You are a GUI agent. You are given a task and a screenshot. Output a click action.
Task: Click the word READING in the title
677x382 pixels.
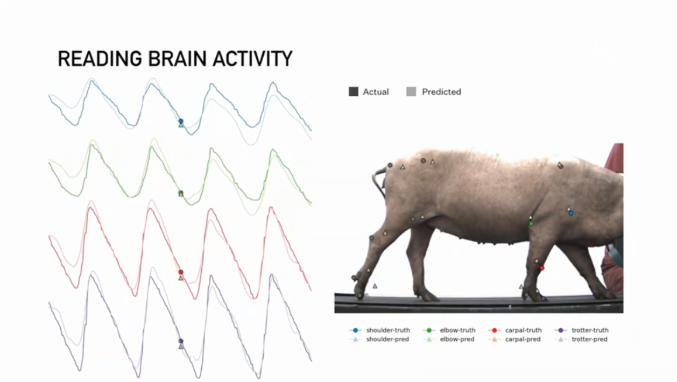click(x=100, y=59)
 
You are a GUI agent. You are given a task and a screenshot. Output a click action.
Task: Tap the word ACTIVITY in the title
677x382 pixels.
click(x=253, y=59)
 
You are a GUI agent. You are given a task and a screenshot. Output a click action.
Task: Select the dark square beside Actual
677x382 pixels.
click(x=354, y=91)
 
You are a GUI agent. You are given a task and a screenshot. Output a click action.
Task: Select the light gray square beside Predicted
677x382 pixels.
click(x=411, y=91)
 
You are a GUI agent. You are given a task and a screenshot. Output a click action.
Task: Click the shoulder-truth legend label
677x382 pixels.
click(x=388, y=330)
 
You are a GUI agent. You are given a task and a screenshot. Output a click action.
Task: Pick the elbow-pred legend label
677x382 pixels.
click(x=457, y=339)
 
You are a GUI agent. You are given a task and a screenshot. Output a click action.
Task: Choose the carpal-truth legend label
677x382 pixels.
click(x=523, y=330)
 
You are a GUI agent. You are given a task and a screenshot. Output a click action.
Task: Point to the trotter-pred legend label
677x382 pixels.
click(x=589, y=339)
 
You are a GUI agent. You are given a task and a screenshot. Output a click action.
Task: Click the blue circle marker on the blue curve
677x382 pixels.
click(x=181, y=121)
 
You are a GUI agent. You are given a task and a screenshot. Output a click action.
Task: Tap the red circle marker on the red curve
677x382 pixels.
click(x=181, y=272)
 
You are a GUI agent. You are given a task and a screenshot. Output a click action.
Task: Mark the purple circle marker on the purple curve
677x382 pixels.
click(x=181, y=341)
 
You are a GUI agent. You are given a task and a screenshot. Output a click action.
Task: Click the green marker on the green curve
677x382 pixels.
click(x=181, y=193)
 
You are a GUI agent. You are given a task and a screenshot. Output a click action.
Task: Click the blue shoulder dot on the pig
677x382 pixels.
click(x=570, y=213)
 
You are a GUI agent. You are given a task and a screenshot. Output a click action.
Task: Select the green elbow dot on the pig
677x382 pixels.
click(x=531, y=224)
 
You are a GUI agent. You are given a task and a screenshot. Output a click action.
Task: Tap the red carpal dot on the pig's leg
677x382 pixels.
click(x=541, y=268)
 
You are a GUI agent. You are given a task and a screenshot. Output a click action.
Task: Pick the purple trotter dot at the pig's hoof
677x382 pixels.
click(x=543, y=299)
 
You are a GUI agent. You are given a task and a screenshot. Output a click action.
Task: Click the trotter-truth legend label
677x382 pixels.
click(x=590, y=330)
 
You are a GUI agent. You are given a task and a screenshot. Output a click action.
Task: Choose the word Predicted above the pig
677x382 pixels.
click(x=441, y=91)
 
